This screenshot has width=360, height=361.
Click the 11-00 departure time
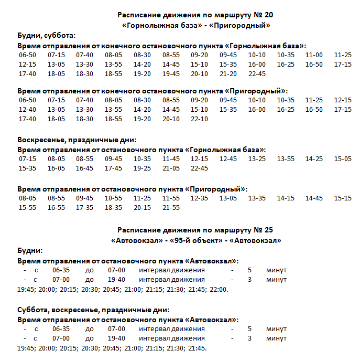[x=314, y=55]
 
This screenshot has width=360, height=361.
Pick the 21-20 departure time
[x=228, y=74]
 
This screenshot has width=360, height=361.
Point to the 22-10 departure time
[x=199, y=119]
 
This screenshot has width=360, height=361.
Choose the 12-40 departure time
[x=27, y=110]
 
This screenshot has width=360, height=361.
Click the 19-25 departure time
[x=142, y=168]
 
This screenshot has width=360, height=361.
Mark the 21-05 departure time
[x=171, y=168]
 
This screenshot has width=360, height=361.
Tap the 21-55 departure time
[x=171, y=208]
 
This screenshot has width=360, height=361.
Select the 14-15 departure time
[x=286, y=198]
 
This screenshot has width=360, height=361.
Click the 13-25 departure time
[x=257, y=159]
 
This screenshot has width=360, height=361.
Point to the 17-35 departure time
[x=84, y=208]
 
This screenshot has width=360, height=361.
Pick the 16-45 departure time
[x=84, y=168]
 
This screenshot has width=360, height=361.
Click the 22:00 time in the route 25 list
[x=219, y=289]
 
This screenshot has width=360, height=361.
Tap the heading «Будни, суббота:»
[x=47, y=36]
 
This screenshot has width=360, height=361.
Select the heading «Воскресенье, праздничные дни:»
[x=77, y=140]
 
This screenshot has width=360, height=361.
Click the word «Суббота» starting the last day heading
[x=33, y=310]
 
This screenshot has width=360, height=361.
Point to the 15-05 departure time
[x=343, y=159]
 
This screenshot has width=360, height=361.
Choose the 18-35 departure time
[x=113, y=208]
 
